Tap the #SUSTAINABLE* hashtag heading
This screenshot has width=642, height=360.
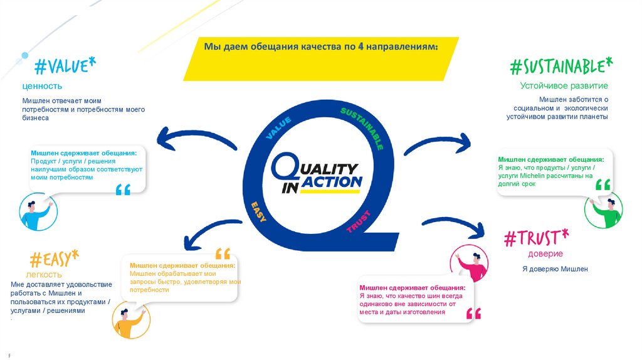(x=560, y=65)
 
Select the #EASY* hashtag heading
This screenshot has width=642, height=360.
(x=55, y=258)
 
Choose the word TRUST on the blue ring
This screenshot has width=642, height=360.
(x=358, y=222)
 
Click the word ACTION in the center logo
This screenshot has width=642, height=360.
(x=332, y=182)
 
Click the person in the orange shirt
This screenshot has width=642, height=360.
(x=130, y=320)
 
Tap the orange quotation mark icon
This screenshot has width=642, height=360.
(x=223, y=254)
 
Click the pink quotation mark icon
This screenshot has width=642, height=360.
(x=474, y=313)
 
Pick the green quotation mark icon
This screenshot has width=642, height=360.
(x=603, y=184)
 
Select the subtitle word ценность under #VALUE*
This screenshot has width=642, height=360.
(x=42, y=86)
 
